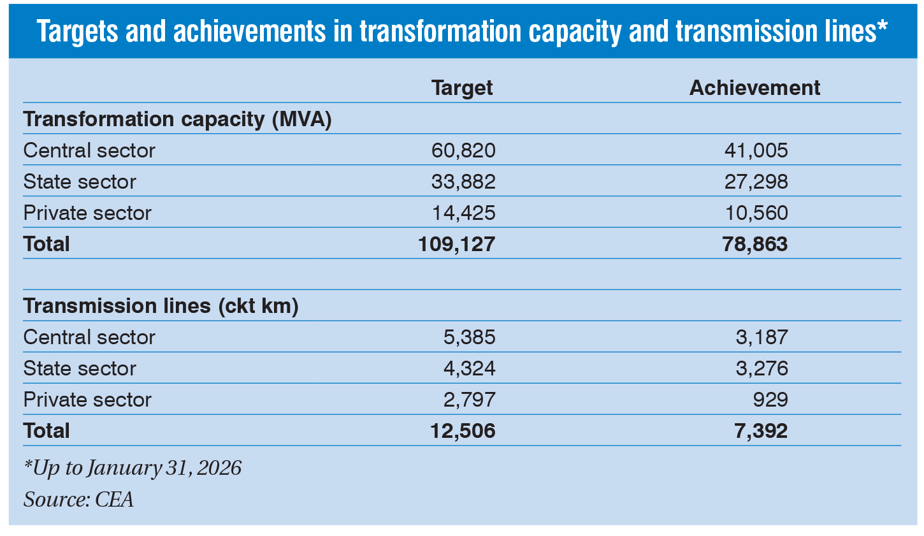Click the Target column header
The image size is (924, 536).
point(462,88)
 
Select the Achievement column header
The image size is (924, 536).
point(754,88)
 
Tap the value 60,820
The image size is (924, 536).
point(463,150)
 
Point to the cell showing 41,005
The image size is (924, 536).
point(756,150)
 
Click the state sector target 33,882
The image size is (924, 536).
point(463,182)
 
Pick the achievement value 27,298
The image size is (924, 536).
point(756,182)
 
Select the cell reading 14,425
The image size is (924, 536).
point(463,213)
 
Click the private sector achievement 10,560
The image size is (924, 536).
point(756,213)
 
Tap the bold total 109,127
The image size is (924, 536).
point(456,244)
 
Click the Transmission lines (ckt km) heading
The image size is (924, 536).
point(161,306)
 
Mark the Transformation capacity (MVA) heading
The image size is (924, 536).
point(178,119)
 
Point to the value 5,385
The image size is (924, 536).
point(469,337)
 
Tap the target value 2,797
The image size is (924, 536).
point(469,400)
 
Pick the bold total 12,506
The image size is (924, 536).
point(463,431)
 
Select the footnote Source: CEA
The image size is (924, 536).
point(79,499)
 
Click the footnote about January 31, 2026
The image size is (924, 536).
point(133,468)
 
